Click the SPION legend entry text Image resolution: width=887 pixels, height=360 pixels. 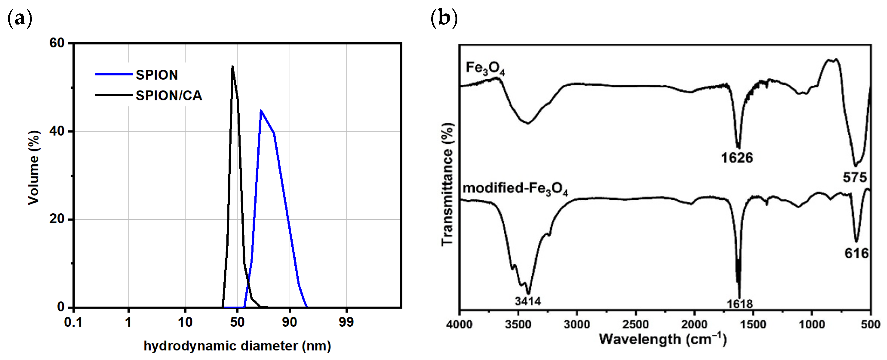click(157, 75)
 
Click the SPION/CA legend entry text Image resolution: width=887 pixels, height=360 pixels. click(169, 95)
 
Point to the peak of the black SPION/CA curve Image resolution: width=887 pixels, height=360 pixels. click(232, 67)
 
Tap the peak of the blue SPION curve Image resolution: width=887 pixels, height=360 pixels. click(261, 110)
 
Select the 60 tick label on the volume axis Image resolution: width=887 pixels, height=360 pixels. click(57, 43)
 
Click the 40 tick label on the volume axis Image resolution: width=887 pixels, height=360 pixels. click(57, 131)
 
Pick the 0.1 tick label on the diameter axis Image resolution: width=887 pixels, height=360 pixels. click(73, 323)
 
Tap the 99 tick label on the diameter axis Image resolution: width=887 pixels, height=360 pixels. click(346, 323)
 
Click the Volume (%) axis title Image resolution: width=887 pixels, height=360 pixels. click(34, 168)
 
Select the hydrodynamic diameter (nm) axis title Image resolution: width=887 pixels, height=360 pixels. click(237, 346)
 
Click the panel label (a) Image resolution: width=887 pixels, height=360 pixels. click(20, 18)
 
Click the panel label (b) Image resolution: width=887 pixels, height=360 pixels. click(444, 18)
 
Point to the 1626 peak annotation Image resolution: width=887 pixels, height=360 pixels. click(737, 158)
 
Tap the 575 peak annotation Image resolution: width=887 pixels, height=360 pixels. click(855, 178)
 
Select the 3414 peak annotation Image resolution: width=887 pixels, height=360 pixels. click(528, 301)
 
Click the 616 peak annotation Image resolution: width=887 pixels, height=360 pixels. click(856, 254)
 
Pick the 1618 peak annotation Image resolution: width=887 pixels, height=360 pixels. click(740, 304)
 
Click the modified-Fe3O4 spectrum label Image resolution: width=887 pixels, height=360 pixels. click(515, 189)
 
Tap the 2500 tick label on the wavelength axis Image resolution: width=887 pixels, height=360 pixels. click(636, 324)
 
